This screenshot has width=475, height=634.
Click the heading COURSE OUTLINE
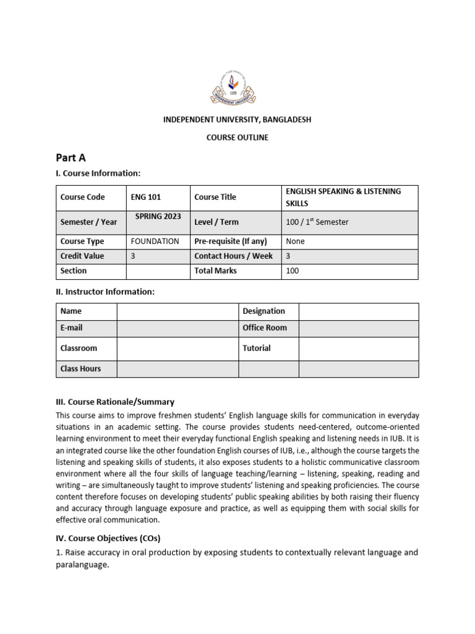[x=237, y=137]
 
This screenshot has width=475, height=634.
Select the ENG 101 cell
[x=146, y=198]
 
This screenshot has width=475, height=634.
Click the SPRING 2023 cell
[x=158, y=216]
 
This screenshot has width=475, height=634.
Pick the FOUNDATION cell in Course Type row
[x=155, y=241]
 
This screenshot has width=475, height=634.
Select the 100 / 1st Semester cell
[x=317, y=222]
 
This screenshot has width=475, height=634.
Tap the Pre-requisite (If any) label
[x=233, y=241]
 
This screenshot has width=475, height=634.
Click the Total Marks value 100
[x=293, y=271]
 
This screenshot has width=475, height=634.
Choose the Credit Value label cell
[x=82, y=256]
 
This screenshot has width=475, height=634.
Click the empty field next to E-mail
[x=178, y=328]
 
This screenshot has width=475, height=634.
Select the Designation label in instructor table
[x=263, y=311]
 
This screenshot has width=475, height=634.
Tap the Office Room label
[x=265, y=328]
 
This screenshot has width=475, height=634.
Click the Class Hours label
[x=80, y=369]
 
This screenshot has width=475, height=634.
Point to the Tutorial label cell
[x=257, y=349]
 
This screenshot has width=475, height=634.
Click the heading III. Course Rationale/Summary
[x=115, y=402]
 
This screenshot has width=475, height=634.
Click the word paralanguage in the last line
[x=82, y=565]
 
